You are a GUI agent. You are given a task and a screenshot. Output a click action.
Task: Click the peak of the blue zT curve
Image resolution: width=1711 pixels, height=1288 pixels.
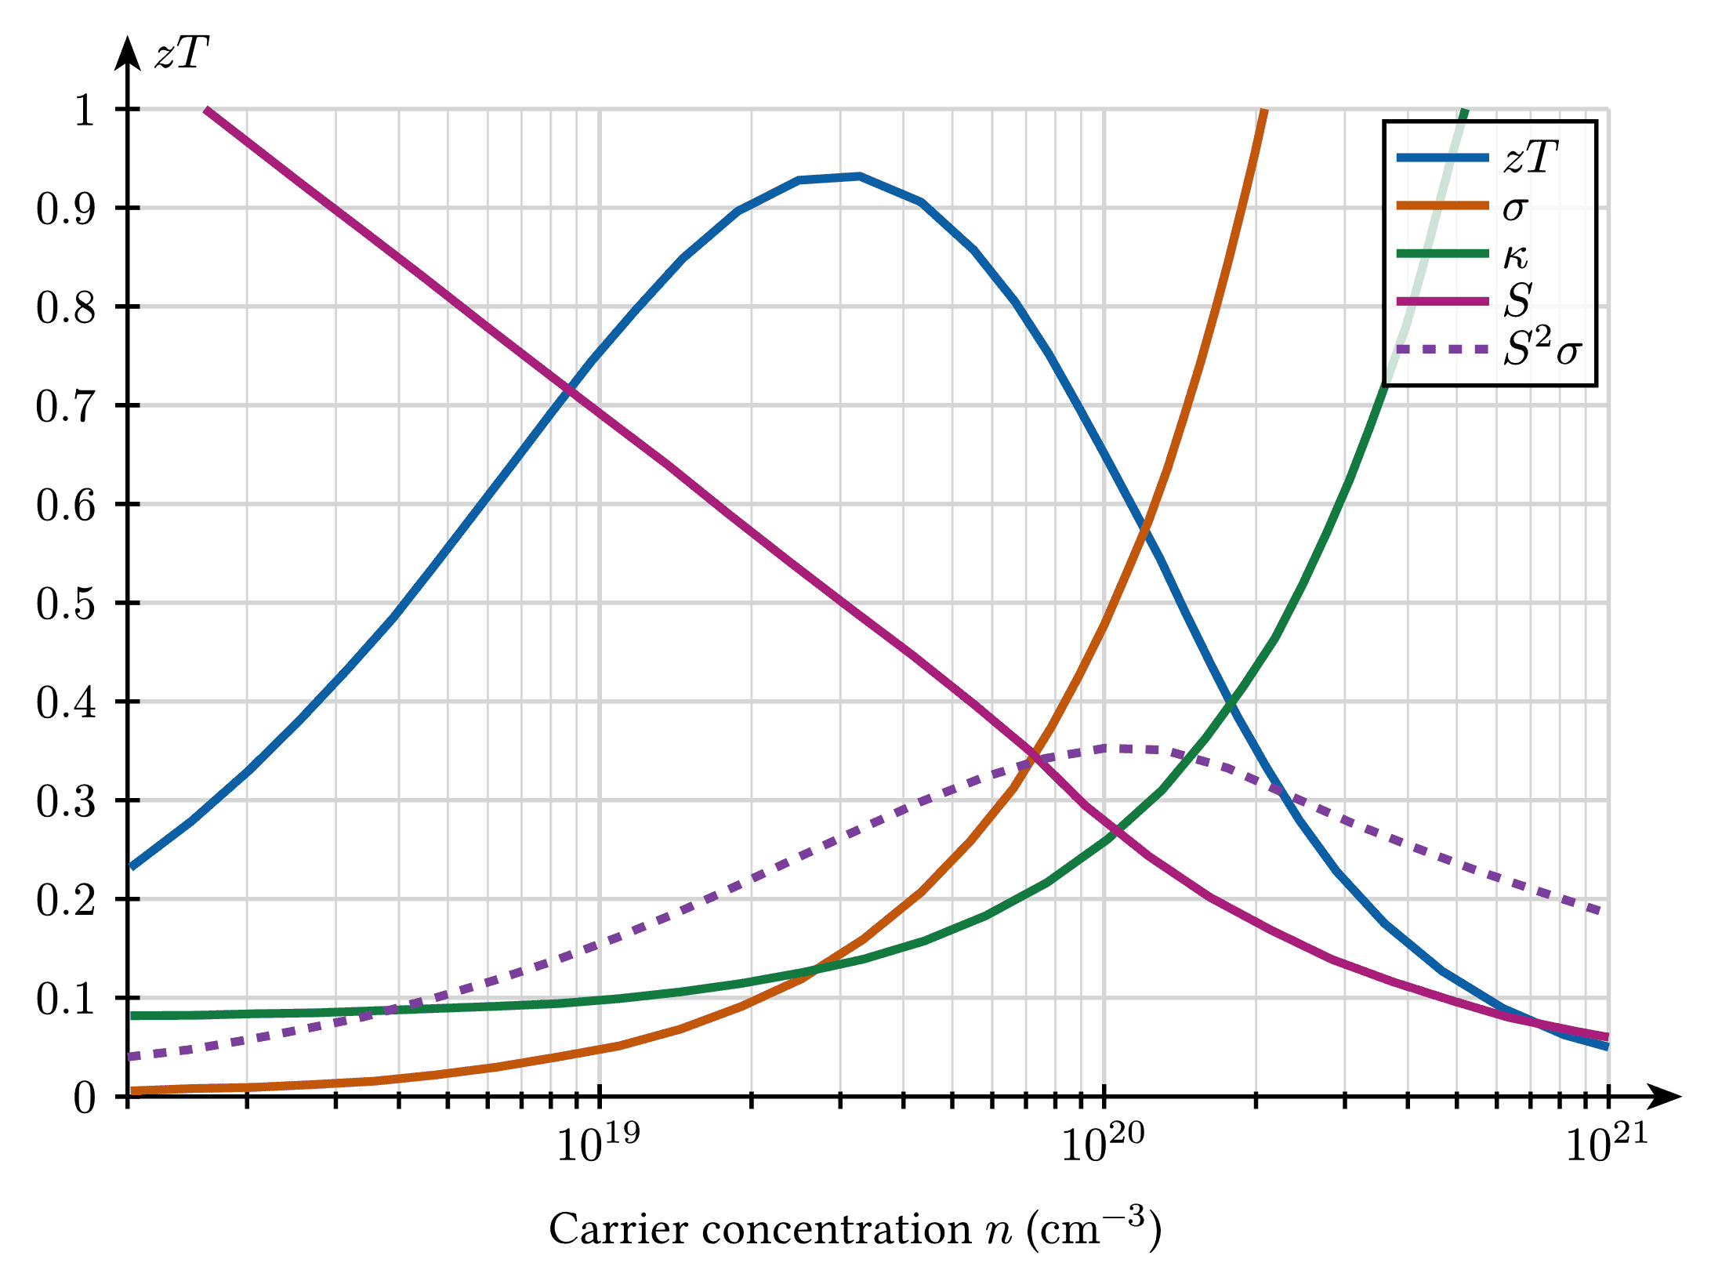pos(859,176)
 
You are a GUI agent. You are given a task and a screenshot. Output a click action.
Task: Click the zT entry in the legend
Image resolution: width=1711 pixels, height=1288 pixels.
pos(1477,158)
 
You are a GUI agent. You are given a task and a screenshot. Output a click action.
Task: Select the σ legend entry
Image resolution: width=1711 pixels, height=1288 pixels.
pos(1463,206)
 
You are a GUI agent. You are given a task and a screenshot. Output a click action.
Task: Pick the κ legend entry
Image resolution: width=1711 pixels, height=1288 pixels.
pos(1463,254)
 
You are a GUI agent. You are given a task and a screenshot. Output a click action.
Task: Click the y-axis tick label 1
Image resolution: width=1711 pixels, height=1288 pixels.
pos(85,110)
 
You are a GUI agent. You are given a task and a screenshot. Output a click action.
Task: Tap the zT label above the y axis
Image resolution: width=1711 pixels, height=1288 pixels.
pos(182,54)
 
